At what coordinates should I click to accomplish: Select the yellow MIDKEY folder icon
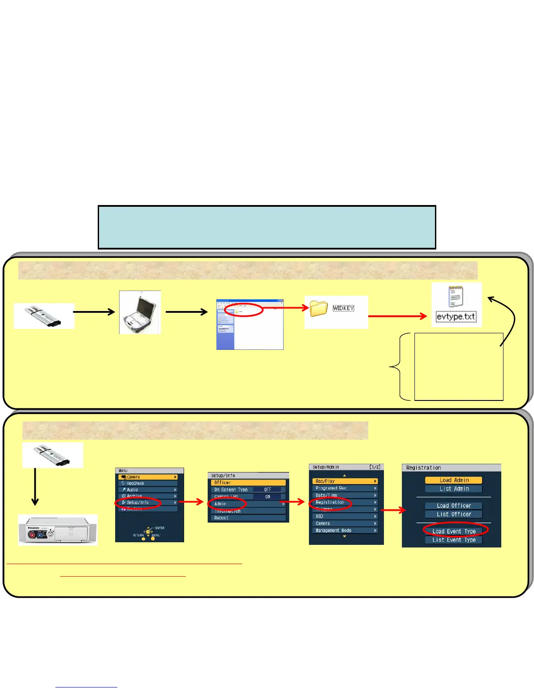[x=319, y=308]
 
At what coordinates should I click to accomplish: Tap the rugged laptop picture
[x=140, y=312]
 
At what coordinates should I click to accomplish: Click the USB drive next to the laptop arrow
[x=44, y=316]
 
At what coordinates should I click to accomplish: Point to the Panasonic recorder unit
[x=58, y=530]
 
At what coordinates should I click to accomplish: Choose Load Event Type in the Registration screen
[x=454, y=531]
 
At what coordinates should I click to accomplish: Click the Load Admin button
[x=454, y=480]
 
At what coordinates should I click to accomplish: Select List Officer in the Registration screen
[x=454, y=514]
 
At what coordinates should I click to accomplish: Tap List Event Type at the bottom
[x=454, y=540]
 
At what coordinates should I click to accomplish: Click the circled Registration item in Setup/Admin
[x=330, y=503]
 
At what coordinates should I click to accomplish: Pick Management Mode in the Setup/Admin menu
[x=333, y=530]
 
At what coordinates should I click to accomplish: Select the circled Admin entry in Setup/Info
[x=221, y=504]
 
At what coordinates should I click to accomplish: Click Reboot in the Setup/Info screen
[x=221, y=518]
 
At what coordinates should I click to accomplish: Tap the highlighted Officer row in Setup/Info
[x=248, y=482]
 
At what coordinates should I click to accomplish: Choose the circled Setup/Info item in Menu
[x=137, y=503]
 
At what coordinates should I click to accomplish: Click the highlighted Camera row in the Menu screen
[x=148, y=477]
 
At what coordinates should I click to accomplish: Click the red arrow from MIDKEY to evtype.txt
[x=397, y=316]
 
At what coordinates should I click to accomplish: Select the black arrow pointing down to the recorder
[x=35, y=484]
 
